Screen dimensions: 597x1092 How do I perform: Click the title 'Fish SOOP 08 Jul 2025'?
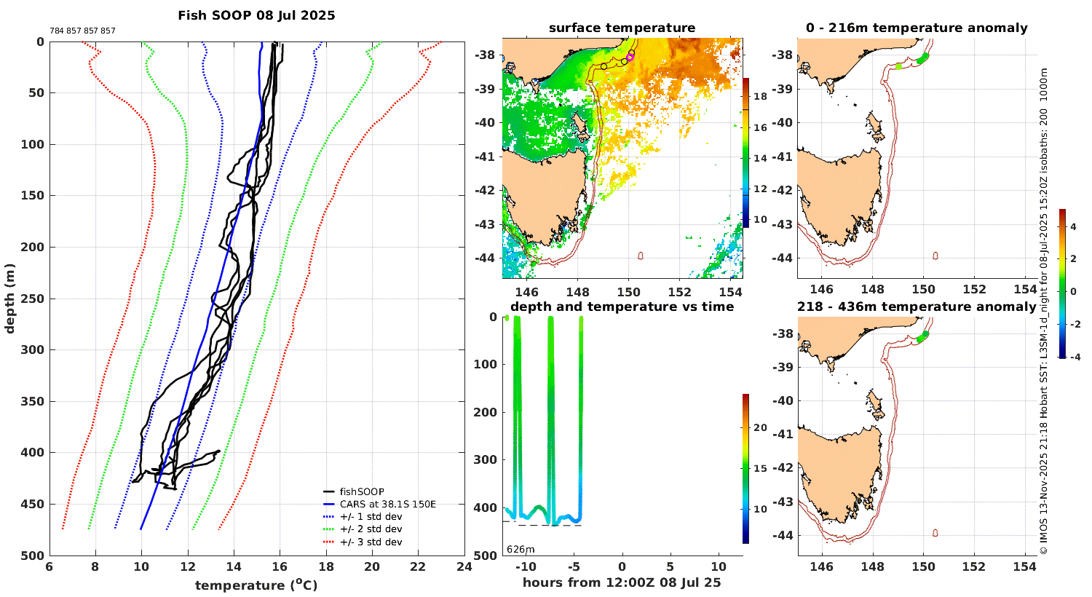256,15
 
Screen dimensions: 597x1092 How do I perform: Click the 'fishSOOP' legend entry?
361,491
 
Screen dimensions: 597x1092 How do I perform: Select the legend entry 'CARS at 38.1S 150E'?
387,504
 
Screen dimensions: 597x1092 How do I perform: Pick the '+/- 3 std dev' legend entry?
371,542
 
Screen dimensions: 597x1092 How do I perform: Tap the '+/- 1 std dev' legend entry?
371,517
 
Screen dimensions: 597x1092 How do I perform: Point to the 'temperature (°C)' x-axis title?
256,585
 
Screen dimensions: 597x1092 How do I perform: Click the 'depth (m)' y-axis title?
9,298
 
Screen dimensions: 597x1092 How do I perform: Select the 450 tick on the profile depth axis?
33,504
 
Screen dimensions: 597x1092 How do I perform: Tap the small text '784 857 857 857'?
82,31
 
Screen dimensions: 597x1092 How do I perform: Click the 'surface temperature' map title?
622,28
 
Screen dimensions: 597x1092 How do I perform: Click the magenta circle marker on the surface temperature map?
630,56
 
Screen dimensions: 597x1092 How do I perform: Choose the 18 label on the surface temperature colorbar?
760,96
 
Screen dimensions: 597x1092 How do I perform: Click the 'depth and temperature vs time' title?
622,307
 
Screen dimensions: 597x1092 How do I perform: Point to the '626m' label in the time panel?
521,550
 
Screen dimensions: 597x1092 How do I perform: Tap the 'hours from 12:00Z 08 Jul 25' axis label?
622,582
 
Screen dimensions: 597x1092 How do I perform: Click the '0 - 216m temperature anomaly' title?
917,28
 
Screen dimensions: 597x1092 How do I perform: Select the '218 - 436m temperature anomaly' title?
917,307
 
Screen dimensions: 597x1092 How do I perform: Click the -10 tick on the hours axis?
526,567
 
